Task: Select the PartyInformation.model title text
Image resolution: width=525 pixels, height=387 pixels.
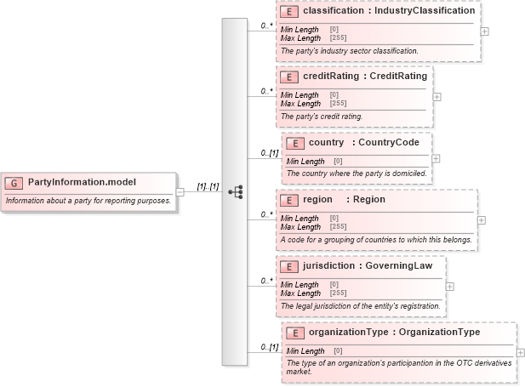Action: click(x=82, y=182)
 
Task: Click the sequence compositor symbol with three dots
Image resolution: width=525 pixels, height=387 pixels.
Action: click(x=236, y=192)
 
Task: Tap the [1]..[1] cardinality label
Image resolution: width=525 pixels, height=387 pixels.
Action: click(x=208, y=185)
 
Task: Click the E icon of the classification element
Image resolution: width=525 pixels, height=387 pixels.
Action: click(x=289, y=12)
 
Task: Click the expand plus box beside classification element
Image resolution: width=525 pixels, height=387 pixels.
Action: click(x=484, y=31)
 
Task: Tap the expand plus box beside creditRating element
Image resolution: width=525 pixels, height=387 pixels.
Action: click(x=437, y=96)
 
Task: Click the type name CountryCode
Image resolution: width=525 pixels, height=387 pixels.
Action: click(x=389, y=143)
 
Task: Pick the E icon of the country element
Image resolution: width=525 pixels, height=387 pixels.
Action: click(x=294, y=143)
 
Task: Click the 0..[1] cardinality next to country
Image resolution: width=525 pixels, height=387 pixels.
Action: click(x=269, y=153)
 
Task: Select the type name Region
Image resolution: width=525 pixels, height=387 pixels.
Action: click(x=369, y=200)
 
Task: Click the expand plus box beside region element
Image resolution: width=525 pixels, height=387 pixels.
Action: click(x=482, y=219)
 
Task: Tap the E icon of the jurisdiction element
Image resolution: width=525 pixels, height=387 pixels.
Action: click(x=289, y=266)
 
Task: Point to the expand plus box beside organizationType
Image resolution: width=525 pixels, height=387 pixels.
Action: click(x=521, y=352)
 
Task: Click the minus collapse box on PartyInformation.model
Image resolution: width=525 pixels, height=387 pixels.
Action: click(x=180, y=191)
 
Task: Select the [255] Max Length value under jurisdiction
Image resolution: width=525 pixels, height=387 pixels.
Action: click(x=338, y=293)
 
